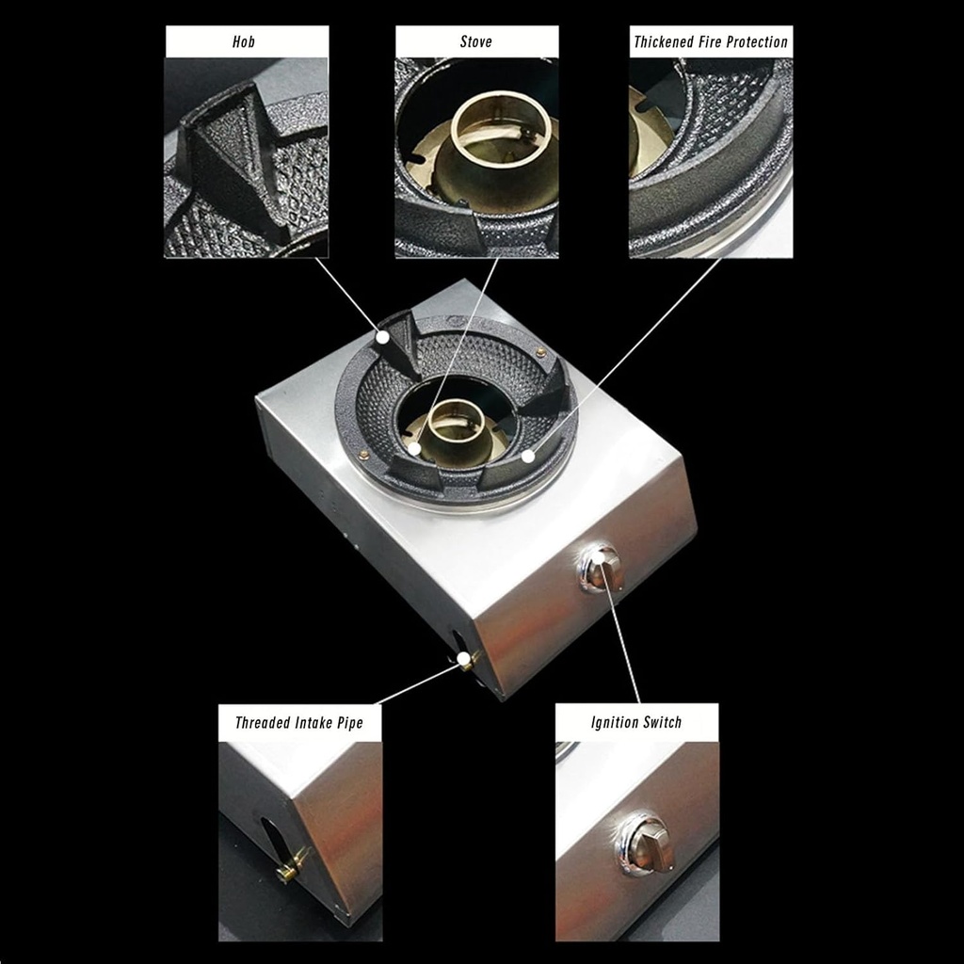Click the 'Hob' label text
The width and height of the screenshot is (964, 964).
click(244, 41)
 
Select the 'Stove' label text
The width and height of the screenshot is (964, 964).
click(475, 41)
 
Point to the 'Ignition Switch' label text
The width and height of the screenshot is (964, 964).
click(636, 723)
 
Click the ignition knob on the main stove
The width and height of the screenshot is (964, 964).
click(601, 569)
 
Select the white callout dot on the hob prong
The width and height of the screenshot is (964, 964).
click(383, 335)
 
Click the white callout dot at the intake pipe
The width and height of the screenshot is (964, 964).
click(462, 659)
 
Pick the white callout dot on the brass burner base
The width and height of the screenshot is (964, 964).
click(413, 450)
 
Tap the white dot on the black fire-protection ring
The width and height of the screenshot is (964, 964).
click(528, 457)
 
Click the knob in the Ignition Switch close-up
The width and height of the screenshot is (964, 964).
click(648, 843)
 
